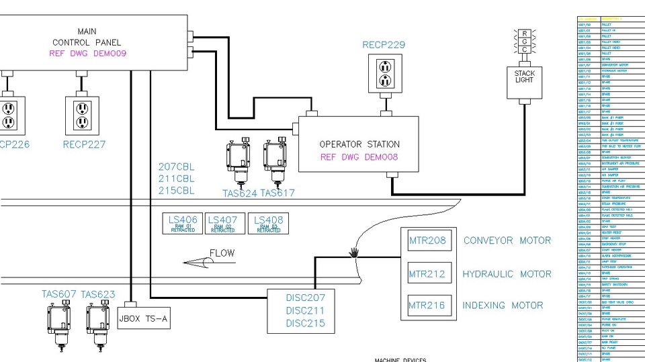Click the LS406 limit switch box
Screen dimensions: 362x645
183,224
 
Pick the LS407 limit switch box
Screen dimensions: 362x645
222,224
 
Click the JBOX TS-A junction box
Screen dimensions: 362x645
143,318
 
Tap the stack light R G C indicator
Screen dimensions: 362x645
525,42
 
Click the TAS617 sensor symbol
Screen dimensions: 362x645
275,161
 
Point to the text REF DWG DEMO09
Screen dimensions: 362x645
88,53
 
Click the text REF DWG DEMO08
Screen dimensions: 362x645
359,158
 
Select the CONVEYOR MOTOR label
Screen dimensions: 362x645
507,240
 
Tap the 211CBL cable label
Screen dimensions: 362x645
176,179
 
